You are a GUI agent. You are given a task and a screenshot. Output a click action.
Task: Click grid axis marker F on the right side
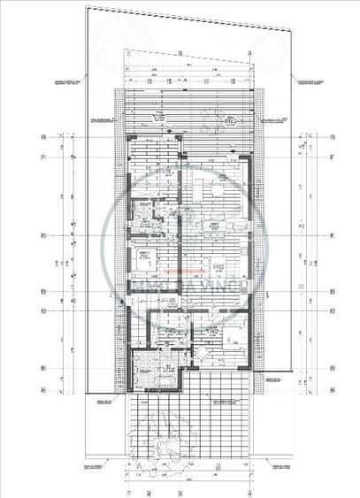coord(333,157)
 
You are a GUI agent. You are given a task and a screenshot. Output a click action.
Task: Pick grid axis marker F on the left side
coord(42,157)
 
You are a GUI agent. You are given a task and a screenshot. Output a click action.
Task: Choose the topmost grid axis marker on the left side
coord(42,137)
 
